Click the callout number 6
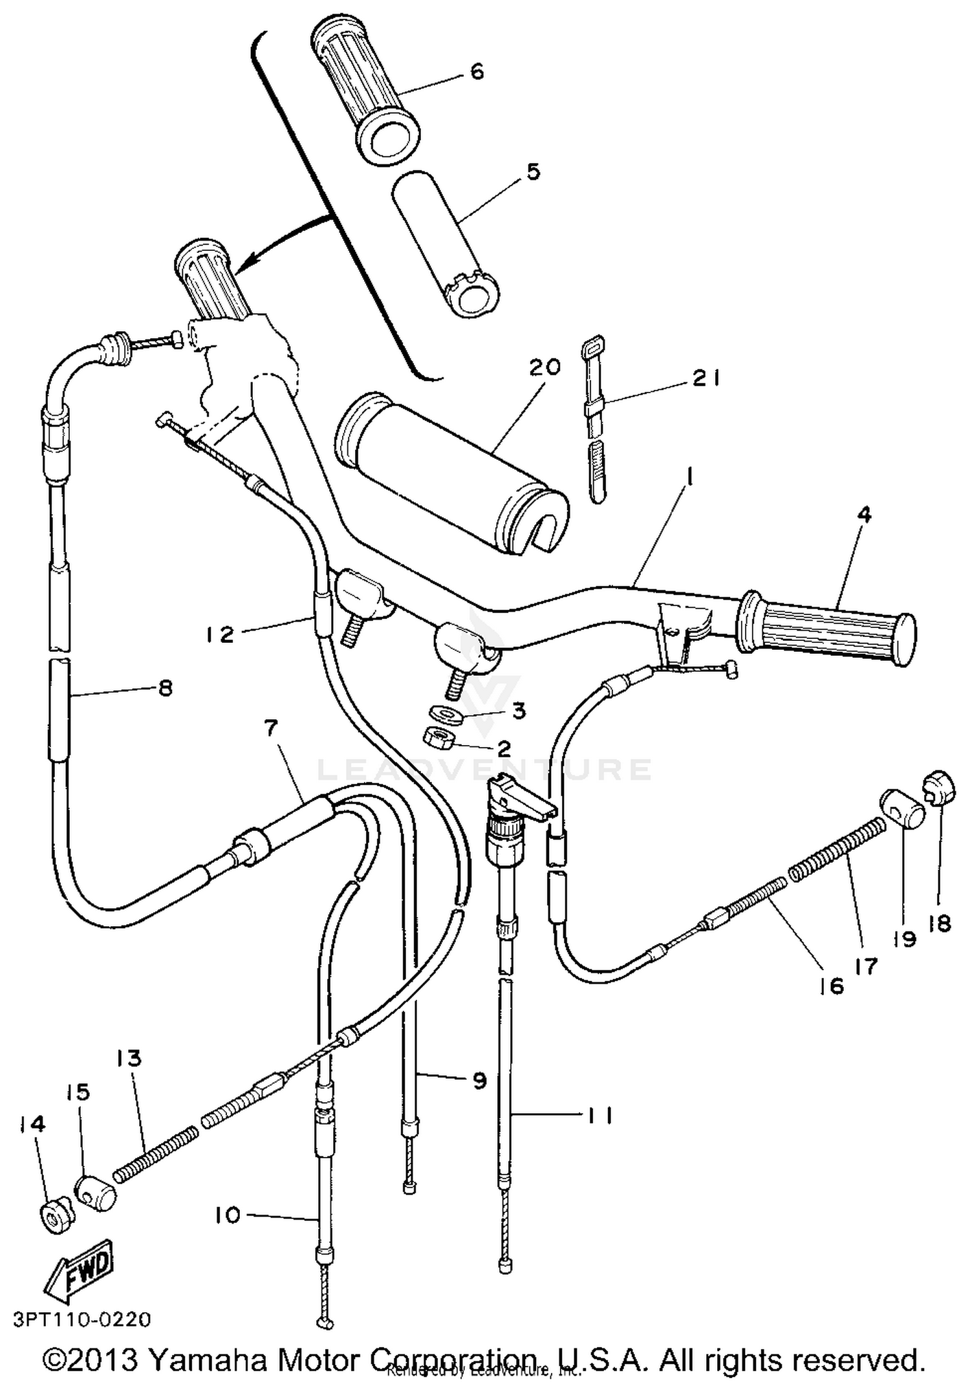pos(477,71)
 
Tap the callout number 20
pos(544,367)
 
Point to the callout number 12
pos(220,634)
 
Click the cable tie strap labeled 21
pos(595,420)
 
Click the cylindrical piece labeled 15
pos(95,1191)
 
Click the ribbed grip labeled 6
pos(365,91)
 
